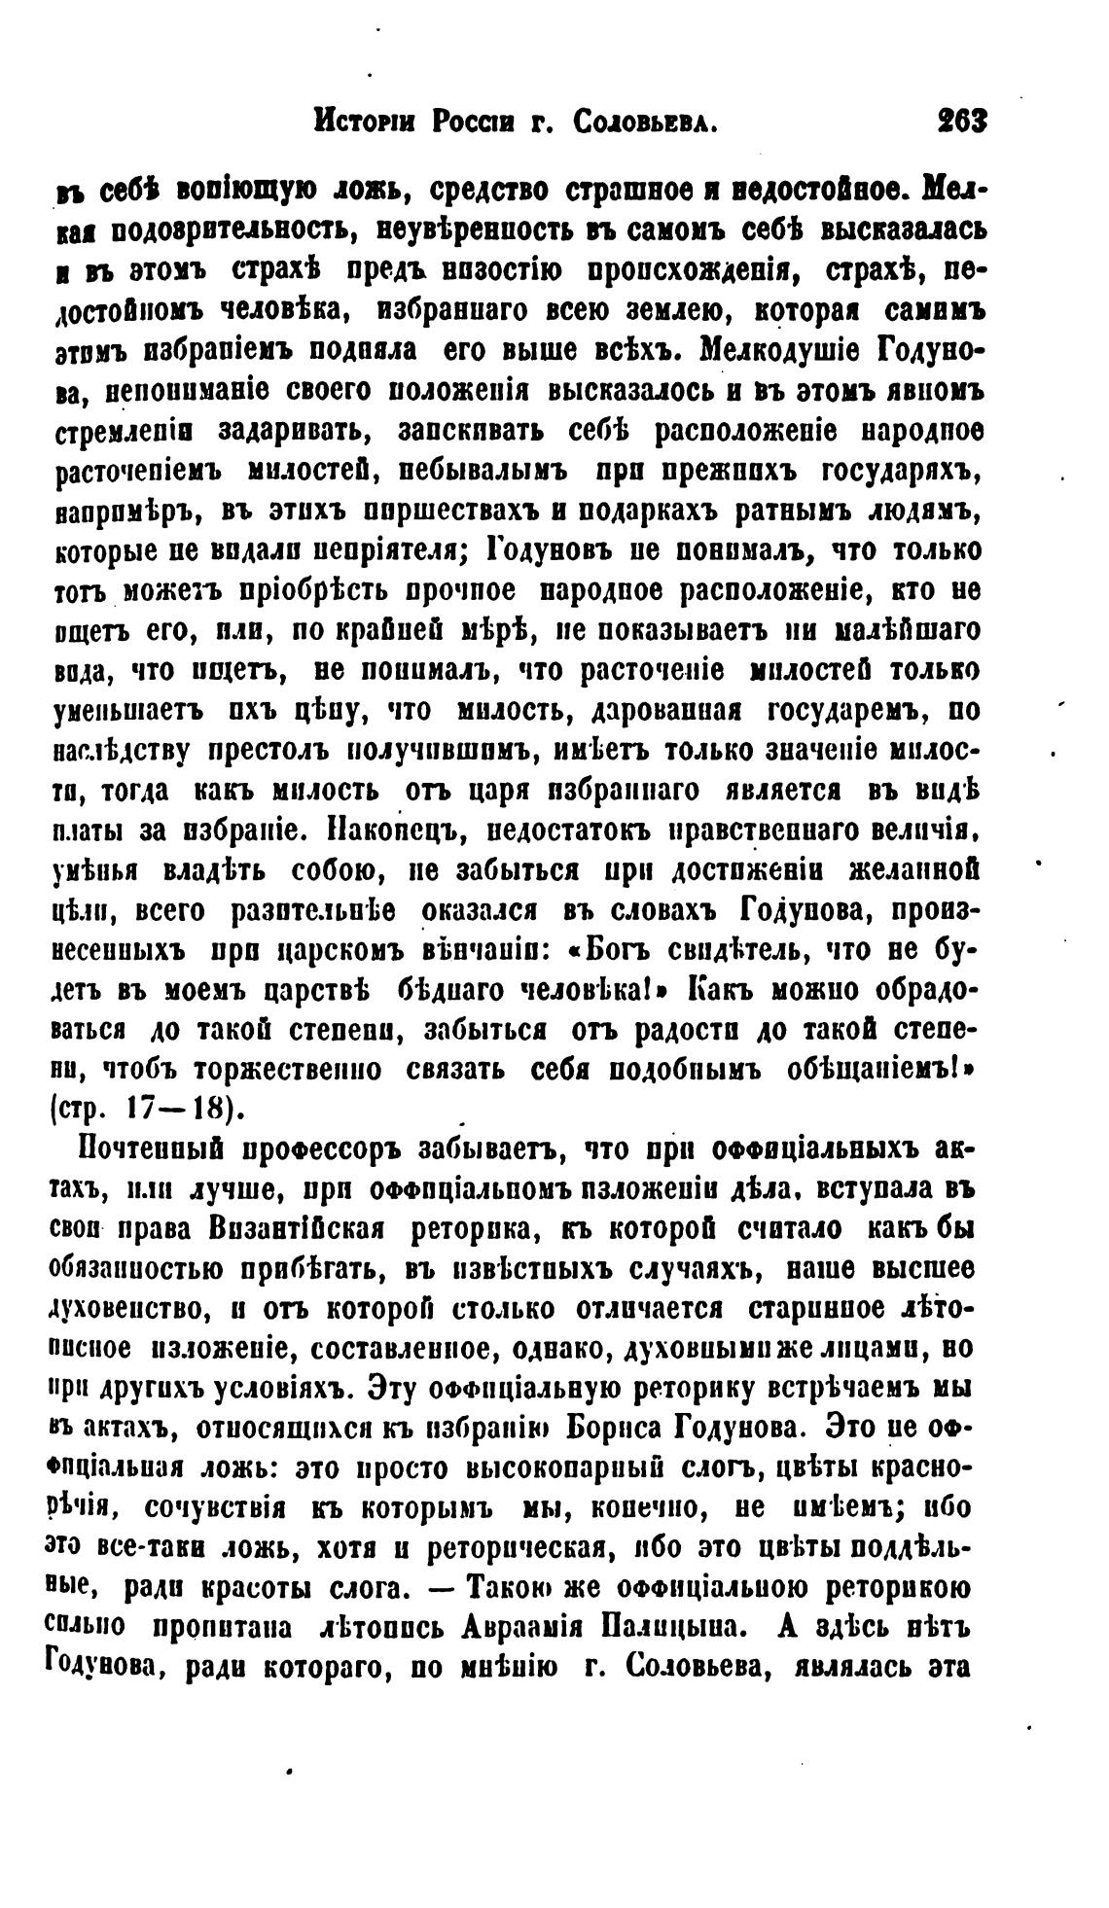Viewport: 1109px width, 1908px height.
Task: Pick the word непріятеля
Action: [x=375, y=551]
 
